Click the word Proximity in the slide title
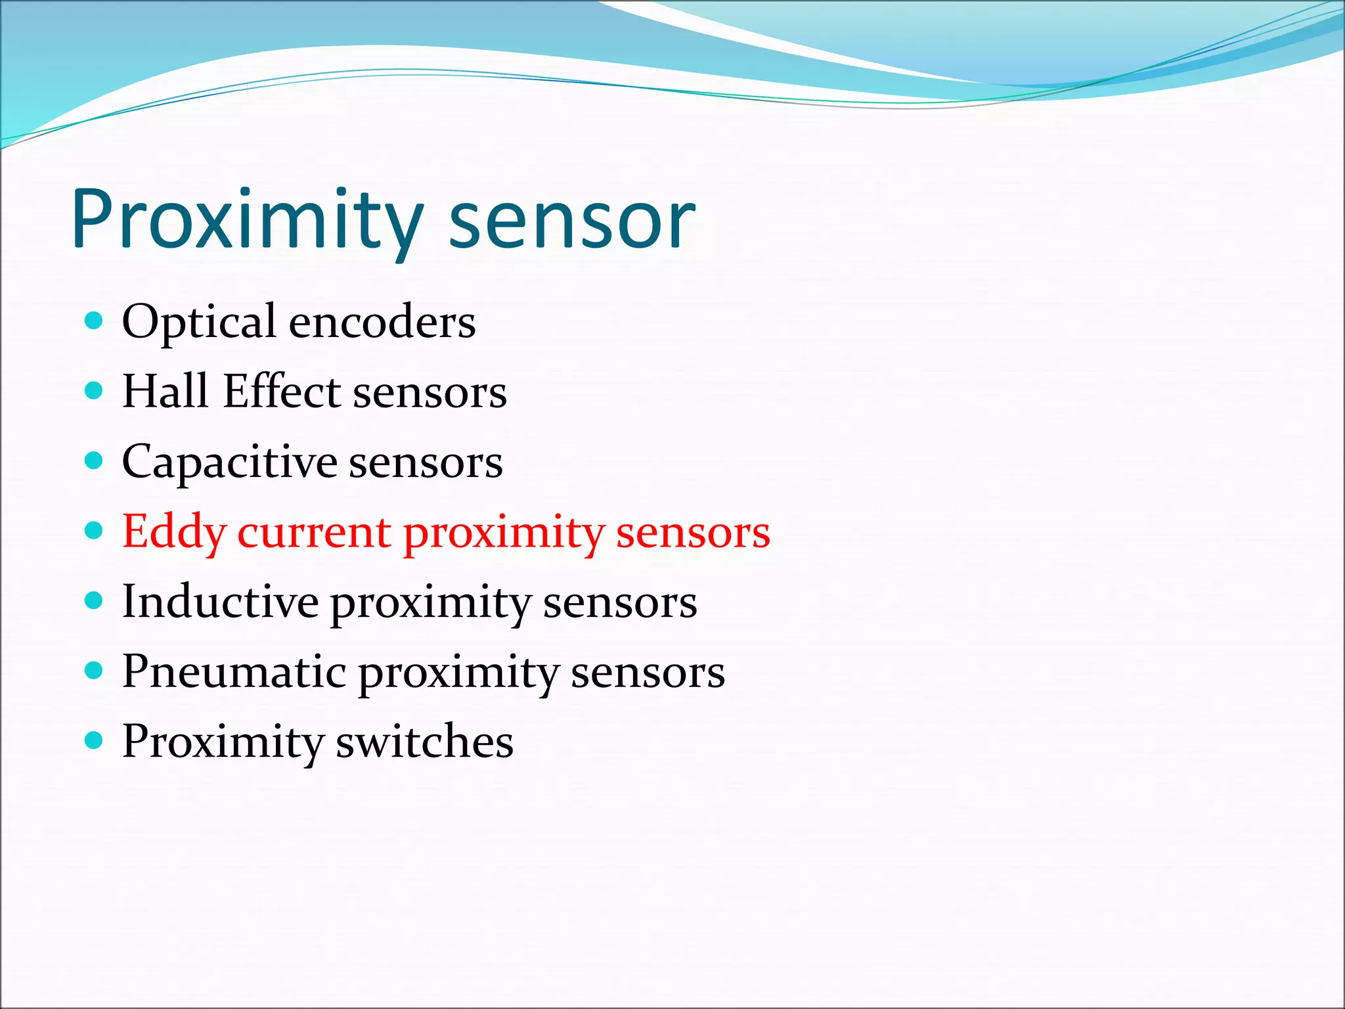[x=248, y=219]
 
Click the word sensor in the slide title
[x=571, y=221]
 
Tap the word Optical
[x=199, y=322]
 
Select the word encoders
[x=382, y=322]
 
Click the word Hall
[x=165, y=392]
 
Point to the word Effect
[x=282, y=392]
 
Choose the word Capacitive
[x=229, y=462]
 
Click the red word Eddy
[x=174, y=532]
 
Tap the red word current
[x=315, y=532]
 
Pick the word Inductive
[x=220, y=602]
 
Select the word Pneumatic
[x=234, y=673]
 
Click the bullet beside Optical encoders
[x=95, y=321]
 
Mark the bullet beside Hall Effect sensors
[x=95, y=391]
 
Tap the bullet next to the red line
[x=95, y=530]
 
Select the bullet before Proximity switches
[x=95, y=740]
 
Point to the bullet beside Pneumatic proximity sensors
[x=95, y=670]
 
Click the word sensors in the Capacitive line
[x=426, y=462]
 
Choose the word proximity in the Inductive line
[x=430, y=603]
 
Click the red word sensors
[x=693, y=532]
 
